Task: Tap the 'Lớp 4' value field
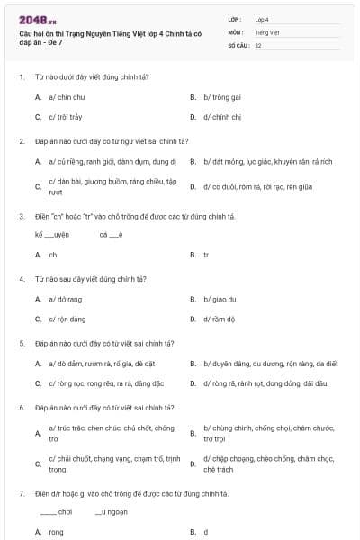click(x=262, y=19)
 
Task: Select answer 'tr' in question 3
click(x=206, y=255)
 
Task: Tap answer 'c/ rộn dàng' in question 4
click(x=67, y=319)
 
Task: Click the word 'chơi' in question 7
click(x=65, y=512)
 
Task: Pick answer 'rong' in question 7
click(x=56, y=532)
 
